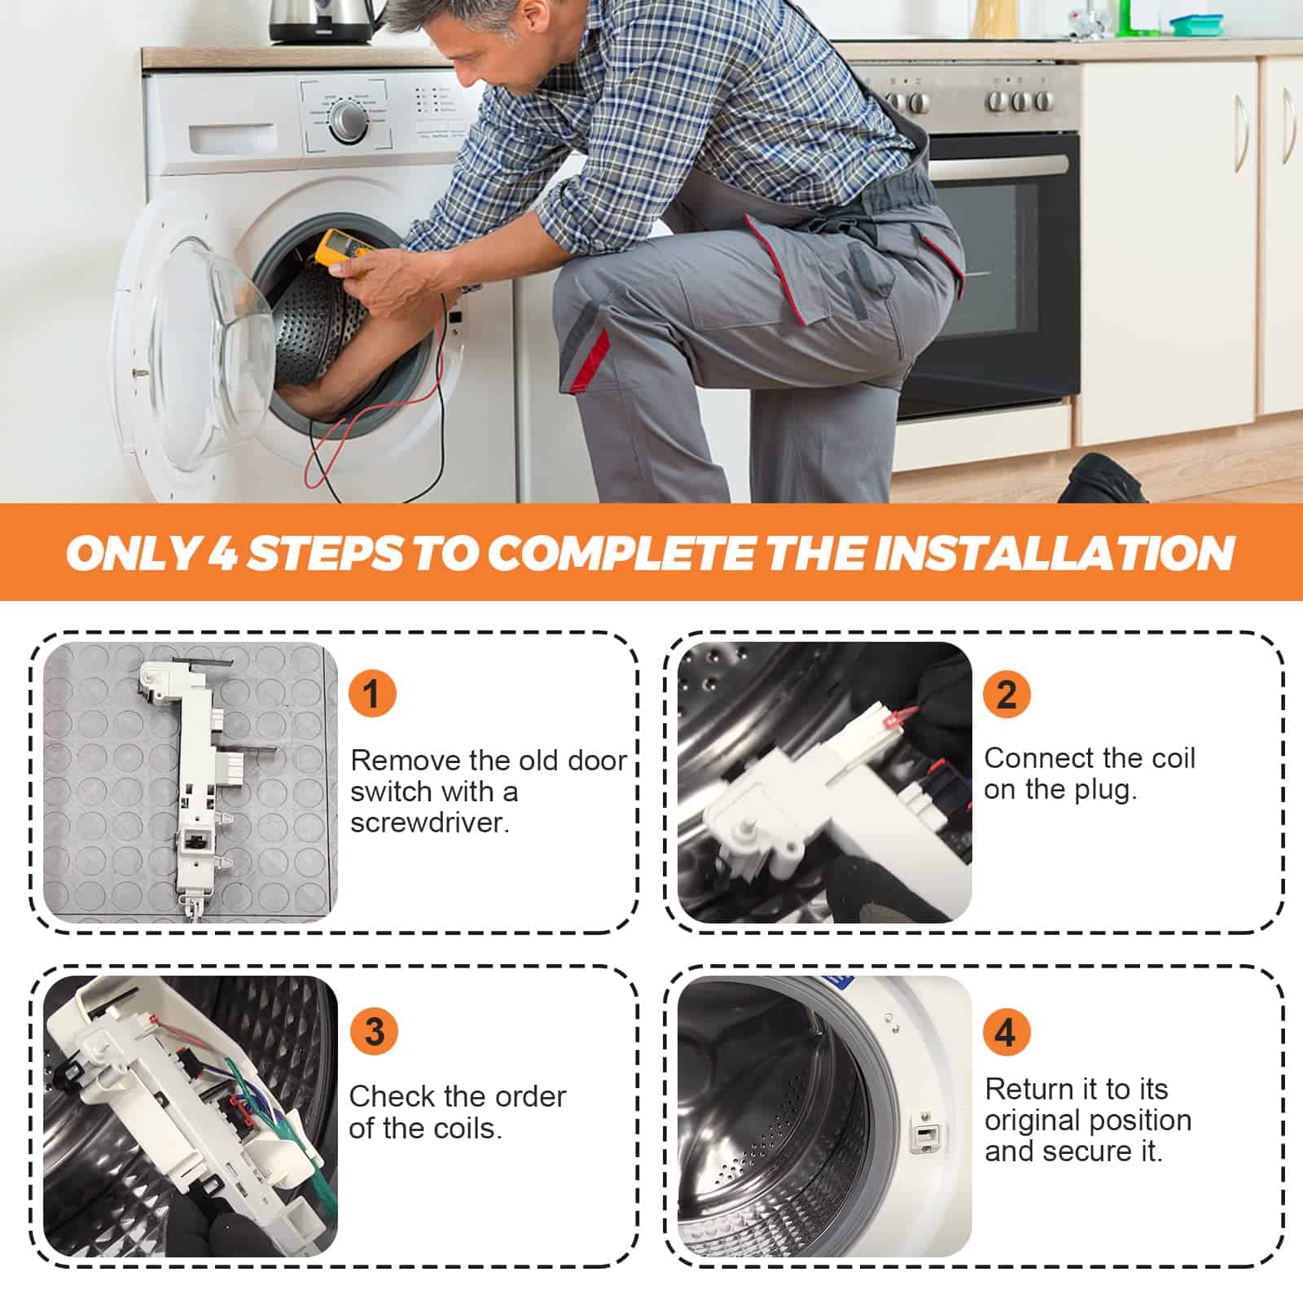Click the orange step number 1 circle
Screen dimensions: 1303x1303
point(372,694)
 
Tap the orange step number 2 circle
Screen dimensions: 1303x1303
point(1007,694)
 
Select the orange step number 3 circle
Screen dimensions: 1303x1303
point(374,1032)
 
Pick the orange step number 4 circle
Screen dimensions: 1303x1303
point(1006,1032)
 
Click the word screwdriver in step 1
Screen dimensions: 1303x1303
point(430,823)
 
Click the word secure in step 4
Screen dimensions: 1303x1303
point(1084,1152)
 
